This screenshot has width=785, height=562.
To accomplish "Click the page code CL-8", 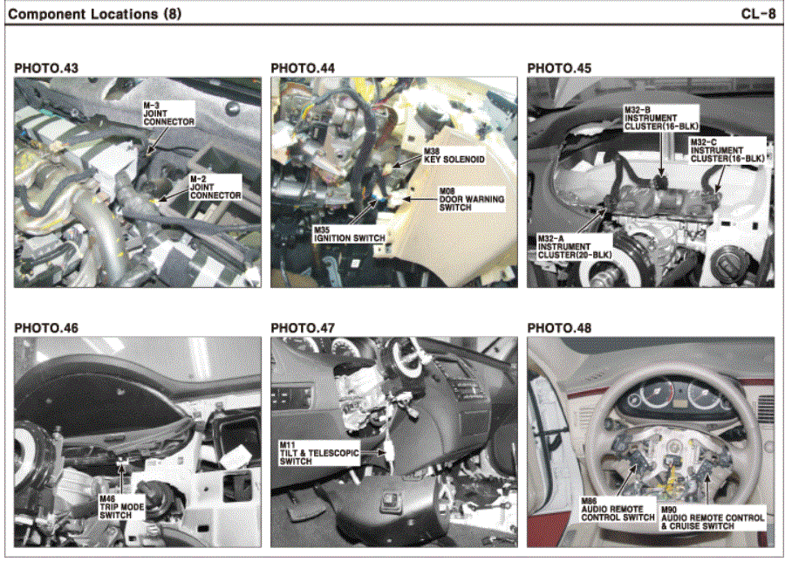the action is (x=758, y=13).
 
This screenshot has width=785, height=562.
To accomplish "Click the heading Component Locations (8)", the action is (x=94, y=14).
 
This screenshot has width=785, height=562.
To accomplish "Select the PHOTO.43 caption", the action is (x=46, y=68).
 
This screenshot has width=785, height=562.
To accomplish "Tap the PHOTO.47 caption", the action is (x=303, y=328).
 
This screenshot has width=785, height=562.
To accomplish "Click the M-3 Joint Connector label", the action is (x=168, y=113).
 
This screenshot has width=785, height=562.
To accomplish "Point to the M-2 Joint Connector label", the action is (x=215, y=188).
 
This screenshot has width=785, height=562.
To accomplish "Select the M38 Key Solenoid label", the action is (x=454, y=156).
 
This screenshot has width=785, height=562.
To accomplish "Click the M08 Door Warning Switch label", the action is (x=472, y=199).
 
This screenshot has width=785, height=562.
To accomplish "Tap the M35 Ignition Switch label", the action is (x=350, y=235).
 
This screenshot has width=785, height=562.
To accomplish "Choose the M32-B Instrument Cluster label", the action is (x=661, y=118).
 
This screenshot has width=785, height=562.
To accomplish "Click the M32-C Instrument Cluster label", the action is (x=727, y=151).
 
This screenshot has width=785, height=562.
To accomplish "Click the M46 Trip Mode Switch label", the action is (x=121, y=507).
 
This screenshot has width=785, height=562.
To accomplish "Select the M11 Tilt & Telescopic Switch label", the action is (x=319, y=453).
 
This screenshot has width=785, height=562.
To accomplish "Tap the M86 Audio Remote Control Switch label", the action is (x=618, y=509).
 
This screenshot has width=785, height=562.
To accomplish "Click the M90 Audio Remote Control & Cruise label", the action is (x=713, y=517).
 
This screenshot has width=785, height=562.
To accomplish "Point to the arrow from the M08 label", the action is (x=420, y=199).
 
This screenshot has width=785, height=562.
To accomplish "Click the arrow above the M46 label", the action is (x=120, y=477).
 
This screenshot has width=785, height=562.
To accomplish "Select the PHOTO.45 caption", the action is (x=559, y=68).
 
